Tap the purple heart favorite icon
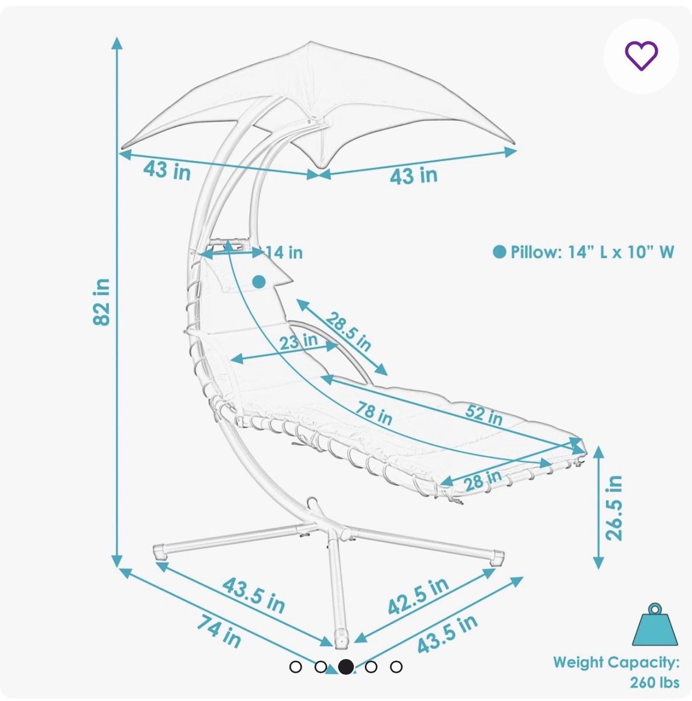tap(641, 55)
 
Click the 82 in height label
tap(102, 302)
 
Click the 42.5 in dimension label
tap(418, 596)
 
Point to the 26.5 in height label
tap(614, 508)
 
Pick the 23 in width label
tap(298, 341)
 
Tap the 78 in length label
tap(374, 413)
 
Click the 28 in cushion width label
tap(483, 480)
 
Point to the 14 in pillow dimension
tap(284, 252)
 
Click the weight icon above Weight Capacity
tap(655, 624)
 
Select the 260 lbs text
tap(655, 682)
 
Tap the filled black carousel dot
tap(345, 667)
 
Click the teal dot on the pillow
tap(259, 281)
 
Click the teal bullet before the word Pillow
tap(499, 252)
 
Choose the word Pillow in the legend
tap(533, 252)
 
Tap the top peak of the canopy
tap(310, 42)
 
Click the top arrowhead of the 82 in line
tap(117, 43)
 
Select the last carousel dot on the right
tap(396, 667)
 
